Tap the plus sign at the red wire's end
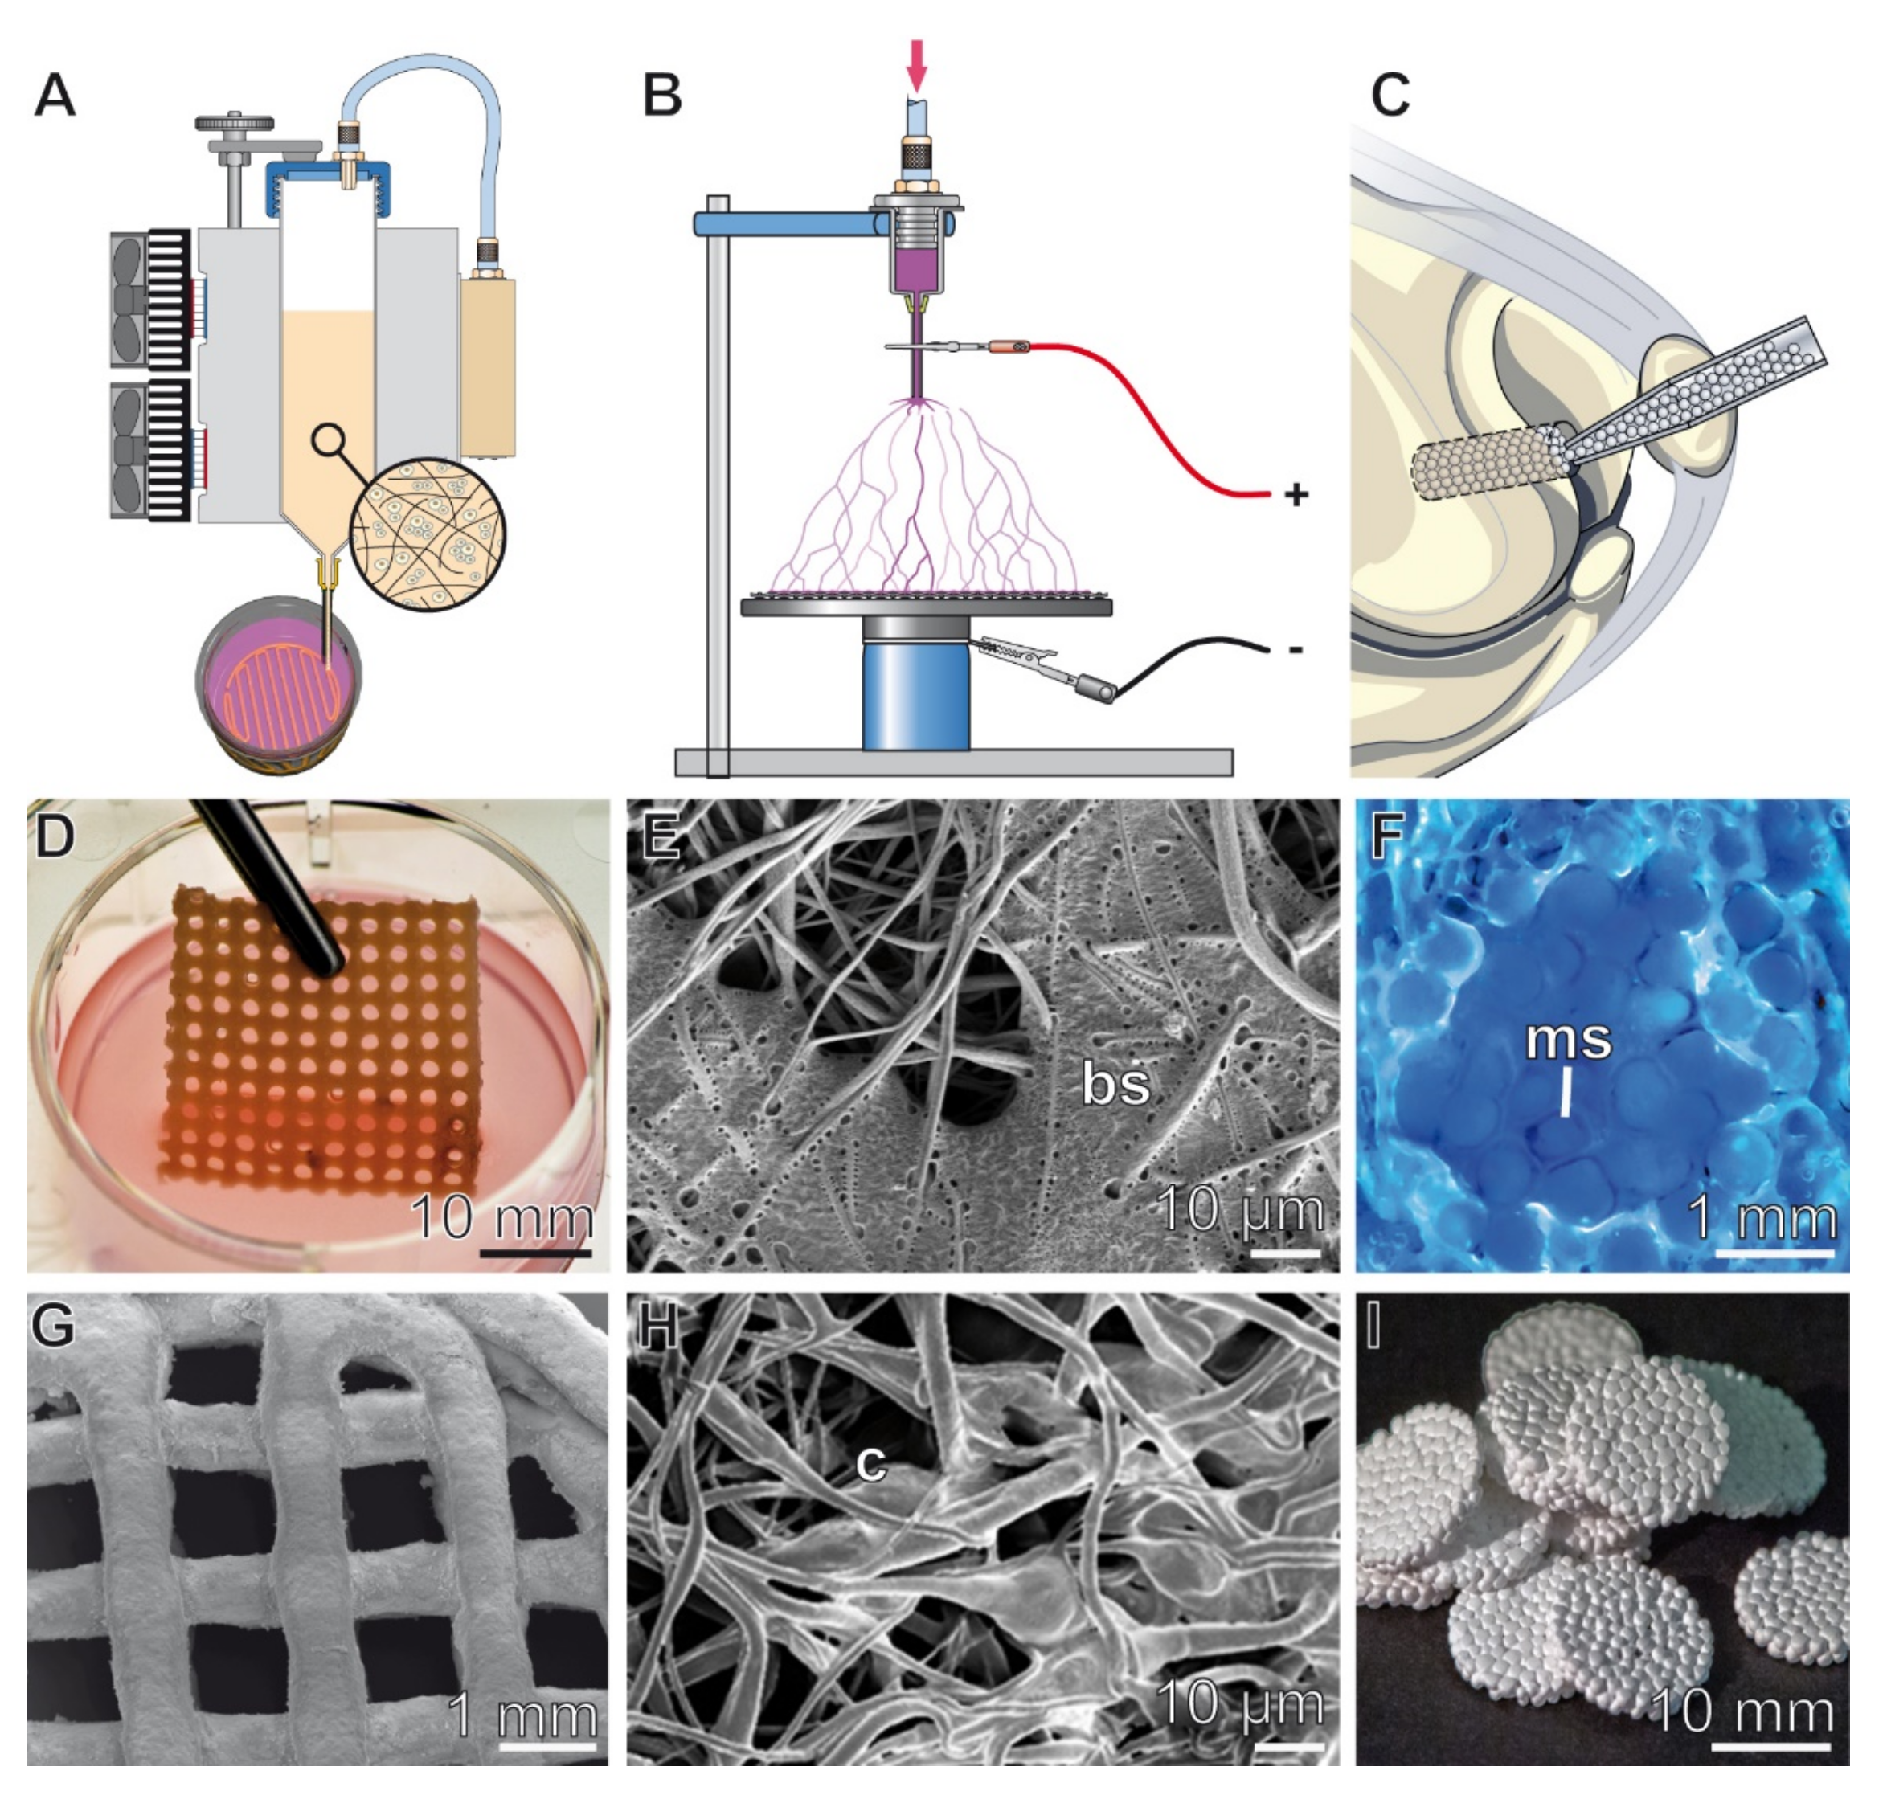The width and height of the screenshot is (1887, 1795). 1296,495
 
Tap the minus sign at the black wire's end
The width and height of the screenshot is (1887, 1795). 1295,650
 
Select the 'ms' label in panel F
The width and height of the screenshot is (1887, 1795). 1567,1040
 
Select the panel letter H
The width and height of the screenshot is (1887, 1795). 657,1328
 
